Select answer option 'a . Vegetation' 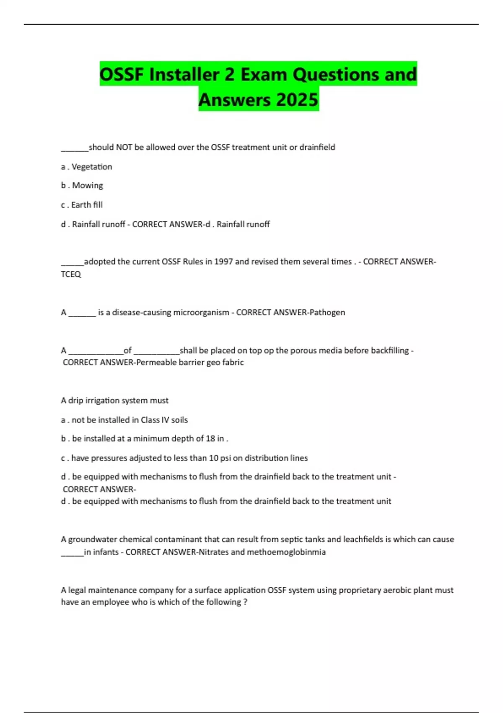[86, 167]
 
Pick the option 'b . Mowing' [82, 185]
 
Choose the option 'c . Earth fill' [82, 205]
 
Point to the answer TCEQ [71, 274]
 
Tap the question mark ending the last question [245, 602]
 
